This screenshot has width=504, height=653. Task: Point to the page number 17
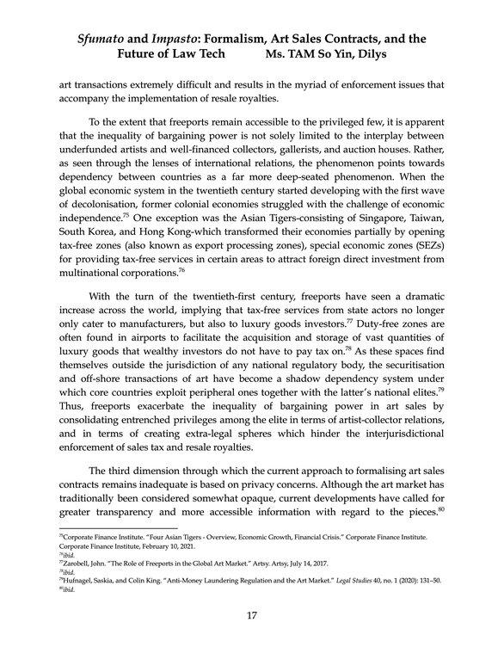point(252,615)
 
